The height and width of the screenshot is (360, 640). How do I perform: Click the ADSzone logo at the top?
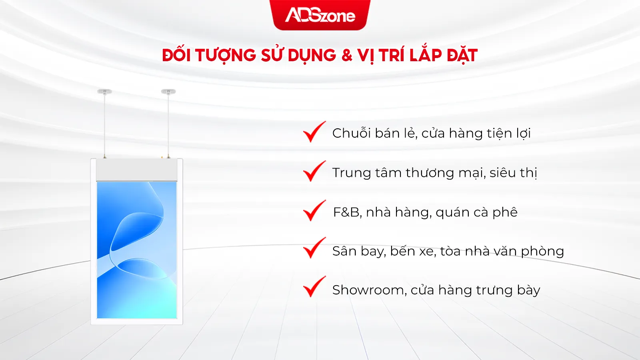point(320,16)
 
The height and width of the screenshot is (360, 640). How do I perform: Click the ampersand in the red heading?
point(347,55)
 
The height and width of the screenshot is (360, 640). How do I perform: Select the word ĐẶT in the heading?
point(462,55)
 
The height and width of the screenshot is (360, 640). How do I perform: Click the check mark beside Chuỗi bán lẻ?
point(314,132)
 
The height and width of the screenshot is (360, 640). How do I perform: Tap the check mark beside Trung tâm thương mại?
point(314,171)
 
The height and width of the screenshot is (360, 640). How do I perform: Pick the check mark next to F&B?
point(314,210)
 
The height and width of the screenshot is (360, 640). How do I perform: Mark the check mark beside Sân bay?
point(314,248)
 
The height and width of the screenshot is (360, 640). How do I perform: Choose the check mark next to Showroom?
point(314,287)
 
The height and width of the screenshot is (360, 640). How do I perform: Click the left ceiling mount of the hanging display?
point(104,92)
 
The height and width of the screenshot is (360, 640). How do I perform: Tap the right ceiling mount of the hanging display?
point(168,92)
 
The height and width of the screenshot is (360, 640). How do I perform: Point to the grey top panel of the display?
point(136,170)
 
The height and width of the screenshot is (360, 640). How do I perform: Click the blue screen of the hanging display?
point(136,250)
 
